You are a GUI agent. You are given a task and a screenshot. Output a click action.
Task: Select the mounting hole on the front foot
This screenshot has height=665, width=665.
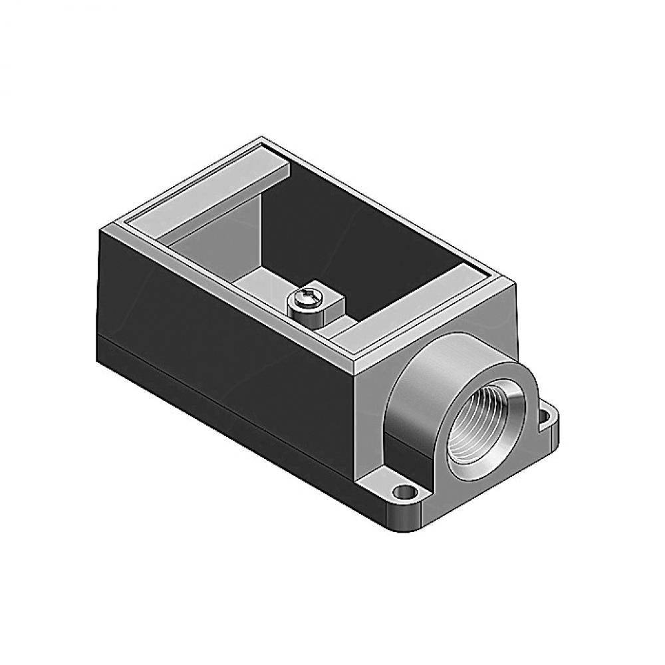[402, 493]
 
